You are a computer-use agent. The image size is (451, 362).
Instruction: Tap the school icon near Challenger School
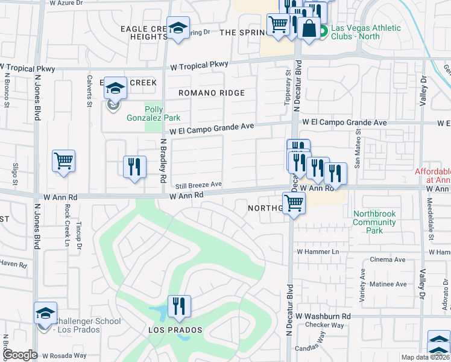(x=45, y=313)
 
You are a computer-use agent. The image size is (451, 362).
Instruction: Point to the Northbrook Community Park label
(x=374, y=222)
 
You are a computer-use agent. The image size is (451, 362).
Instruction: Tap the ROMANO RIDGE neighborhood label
(x=211, y=93)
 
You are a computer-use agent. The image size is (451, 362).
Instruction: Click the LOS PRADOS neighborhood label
(x=175, y=331)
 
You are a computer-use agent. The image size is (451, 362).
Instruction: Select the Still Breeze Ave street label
(x=199, y=185)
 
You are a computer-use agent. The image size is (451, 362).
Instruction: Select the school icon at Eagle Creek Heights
(x=178, y=28)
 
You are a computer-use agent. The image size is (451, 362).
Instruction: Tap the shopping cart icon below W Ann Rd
(x=294, y=203)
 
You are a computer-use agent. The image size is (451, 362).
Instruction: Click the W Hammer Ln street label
(x=315, y=252)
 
